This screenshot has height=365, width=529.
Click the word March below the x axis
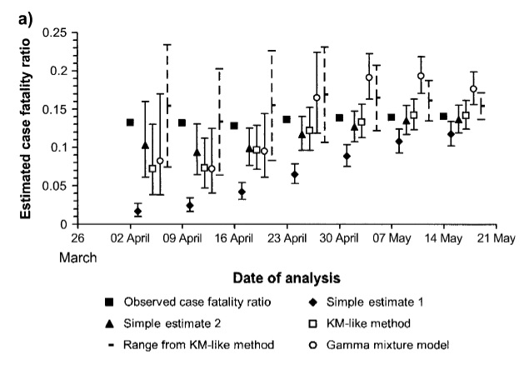[78, 257]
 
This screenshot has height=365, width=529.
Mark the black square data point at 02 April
[130, 122]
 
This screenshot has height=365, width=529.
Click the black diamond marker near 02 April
[137, 211]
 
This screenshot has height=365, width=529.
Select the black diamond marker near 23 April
[294, 175]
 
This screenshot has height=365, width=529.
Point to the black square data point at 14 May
[443, 117]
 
